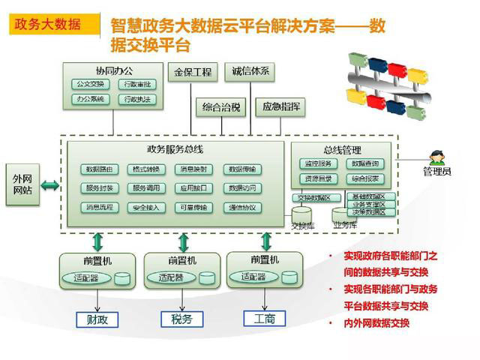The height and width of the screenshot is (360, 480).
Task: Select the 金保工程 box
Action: point(193,73)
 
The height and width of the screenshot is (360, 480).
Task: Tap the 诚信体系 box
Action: point(251,72)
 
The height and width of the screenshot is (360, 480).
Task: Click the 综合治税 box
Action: point(221,107)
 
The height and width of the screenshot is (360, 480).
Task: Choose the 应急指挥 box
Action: point(281,107)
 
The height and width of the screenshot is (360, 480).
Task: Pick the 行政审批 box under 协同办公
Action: point(137,84)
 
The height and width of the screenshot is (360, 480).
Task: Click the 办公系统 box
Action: point(91,99)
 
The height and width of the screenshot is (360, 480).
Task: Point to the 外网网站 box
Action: point(22,184)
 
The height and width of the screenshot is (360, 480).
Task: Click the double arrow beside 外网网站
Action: point(50,184)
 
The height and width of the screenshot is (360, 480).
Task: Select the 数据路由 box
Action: point(101,169)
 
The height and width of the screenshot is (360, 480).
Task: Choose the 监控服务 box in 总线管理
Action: point(318,163)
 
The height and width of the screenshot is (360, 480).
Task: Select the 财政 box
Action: point(98,319)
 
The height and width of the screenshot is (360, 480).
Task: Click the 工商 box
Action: point(265,319)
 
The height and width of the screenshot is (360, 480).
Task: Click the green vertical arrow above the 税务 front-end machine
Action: point(183,242)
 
